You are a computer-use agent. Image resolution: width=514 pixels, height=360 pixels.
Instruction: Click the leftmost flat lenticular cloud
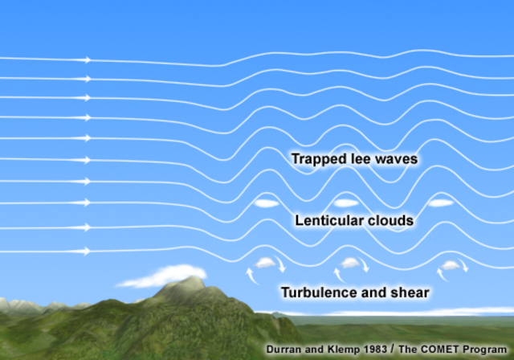coord(267,203)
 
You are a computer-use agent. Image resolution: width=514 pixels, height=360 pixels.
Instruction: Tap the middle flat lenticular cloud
coord(346,203)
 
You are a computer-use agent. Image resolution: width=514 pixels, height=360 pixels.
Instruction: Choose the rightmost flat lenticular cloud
coord(441,203)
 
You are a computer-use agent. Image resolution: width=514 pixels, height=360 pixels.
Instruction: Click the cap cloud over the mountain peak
coord(162,276)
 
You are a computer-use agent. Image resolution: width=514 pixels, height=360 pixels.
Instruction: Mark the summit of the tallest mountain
coord(193,277)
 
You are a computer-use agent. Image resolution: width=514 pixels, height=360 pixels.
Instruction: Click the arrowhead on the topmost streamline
coord(87,60)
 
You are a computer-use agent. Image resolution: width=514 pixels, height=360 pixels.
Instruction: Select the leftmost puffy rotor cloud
coord(265,263)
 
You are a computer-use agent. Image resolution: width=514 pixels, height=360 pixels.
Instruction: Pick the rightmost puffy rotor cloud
coord(451,265)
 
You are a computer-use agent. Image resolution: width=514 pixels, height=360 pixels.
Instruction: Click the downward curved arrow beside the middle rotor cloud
coord(364,264)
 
